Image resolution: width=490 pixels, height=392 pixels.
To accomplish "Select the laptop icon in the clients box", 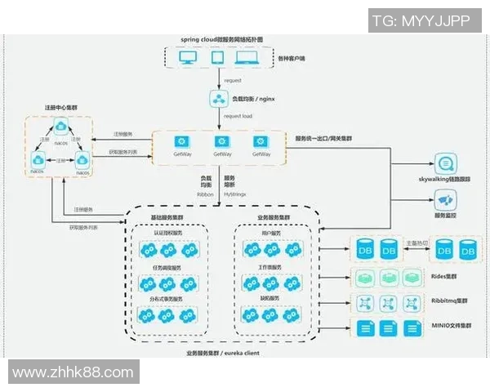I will pos(246,58).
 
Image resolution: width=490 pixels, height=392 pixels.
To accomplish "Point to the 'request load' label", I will pos(238,116).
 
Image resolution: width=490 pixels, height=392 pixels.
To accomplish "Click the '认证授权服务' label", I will pos(168,234).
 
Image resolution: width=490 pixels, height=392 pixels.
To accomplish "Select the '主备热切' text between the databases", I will pos(416,243).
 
